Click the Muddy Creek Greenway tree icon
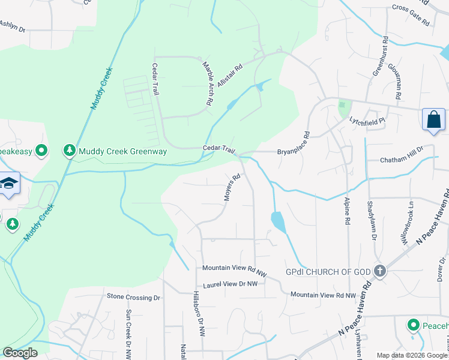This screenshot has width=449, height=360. point(70,151)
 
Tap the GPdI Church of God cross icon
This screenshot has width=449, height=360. point(379,271)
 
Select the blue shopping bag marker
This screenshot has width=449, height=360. point(433,119)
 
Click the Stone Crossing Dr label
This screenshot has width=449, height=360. point(133,296)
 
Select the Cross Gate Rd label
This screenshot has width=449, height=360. point(411,15)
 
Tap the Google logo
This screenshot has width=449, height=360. point(20,353)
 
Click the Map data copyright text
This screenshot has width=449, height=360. point(412,355)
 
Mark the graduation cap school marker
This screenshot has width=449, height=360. point(8,183)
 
